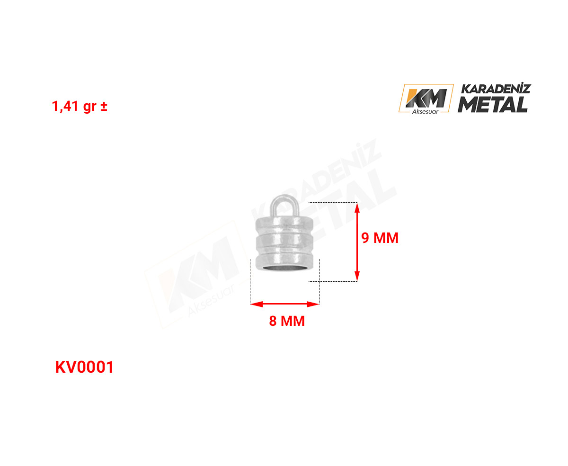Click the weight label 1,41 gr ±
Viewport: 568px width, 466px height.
pyautogui.click(x=80, y=106)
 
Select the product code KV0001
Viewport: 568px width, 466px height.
pyautogui.click(x=84, y=367)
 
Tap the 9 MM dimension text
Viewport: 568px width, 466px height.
pyautogui.click(x=380, y=238)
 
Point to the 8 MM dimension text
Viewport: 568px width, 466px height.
pyautogui.click(x=287, y=321)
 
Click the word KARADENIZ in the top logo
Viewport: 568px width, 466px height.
pyautogui.click(x=496, y=89)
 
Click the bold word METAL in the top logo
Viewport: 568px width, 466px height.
pyautogui.click(x=493, y=105)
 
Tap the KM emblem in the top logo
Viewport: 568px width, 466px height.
pyautogui.click(x=426, y=98)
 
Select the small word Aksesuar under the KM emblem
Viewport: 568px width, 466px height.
pyautogui.click(x=425, y=112)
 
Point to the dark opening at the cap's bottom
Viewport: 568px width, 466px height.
pyautogui.click(x=284, y=269)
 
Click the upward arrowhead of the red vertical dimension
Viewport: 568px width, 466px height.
pyautogui.click(x=357, y=209)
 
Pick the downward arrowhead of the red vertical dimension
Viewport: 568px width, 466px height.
pyautogui.click(x=357, y=275)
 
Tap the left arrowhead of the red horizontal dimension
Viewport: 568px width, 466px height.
pyautogui.click(x=257, y=305)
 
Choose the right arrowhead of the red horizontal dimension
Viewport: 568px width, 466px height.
pyautogui.click(x=313, y=305)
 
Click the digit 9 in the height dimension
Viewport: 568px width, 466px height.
pyautogui.click(x=365, y=238)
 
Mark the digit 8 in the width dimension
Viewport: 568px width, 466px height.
pyautogui.click(x=273, y=321)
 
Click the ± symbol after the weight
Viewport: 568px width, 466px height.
pyautogui.click(x=104, y=106)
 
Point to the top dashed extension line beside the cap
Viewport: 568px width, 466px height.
pyautogui.click(x=333, y=202)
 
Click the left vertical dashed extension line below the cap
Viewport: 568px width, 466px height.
pyautogui.click(x=250, y=281)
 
